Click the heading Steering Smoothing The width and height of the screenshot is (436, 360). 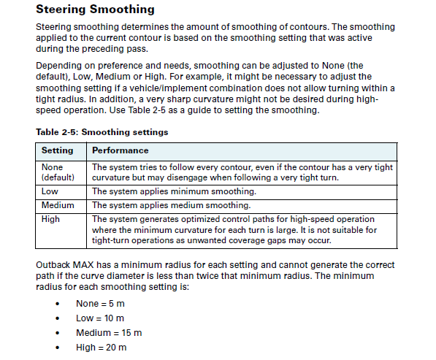pyautogui.click(x=95, y=9)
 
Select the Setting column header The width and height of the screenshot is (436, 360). pyautogui.click(x=57, y=150)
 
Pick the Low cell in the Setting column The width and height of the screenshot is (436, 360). pyautogui.click(x=50, y=191)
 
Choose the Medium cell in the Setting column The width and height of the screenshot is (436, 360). pyautogui.click(x=58, y=205)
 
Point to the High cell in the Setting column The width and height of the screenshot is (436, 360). pyautogui.click(x=51, y=219)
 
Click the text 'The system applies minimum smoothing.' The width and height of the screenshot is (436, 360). pyautogui.click(x=173, y=191)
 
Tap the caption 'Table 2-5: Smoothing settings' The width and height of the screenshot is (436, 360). pyautogui.click(x=102, y=132)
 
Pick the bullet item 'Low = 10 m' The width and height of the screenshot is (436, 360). pyautogui.click(x=100, y=318)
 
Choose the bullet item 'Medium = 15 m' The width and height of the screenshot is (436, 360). pyautogui.click(x=109, y=333)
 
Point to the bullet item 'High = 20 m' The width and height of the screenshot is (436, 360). pyautogui.click(x=101, y=348)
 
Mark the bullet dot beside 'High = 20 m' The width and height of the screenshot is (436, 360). pyautogui.click(x=57, y=348)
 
